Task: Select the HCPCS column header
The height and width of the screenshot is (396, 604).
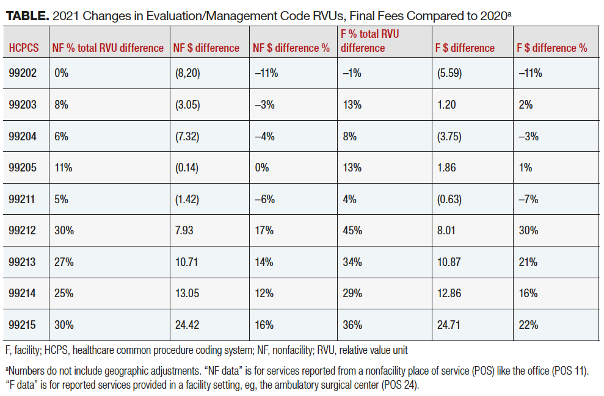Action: [23, 48]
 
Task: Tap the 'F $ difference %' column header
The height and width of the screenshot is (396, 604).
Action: [552, 48]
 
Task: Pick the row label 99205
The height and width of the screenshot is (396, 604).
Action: [23, 168]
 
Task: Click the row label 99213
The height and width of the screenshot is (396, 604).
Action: [23, 262]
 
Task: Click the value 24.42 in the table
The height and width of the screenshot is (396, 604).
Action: [187, 325]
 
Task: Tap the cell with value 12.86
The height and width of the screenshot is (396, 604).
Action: [449, 293]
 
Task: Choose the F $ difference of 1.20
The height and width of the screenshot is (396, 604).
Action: [446, 105]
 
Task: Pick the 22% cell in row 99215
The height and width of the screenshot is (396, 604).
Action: [528, 325]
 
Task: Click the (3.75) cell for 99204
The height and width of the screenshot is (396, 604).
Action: [449, 137]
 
